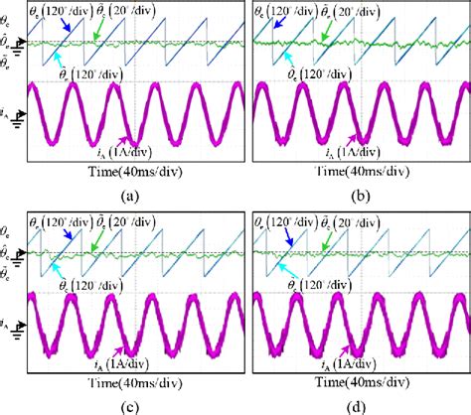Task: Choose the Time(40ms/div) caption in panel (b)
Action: point(357,171)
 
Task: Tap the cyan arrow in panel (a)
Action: point(67,60)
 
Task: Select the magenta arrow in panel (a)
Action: point(123,142)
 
